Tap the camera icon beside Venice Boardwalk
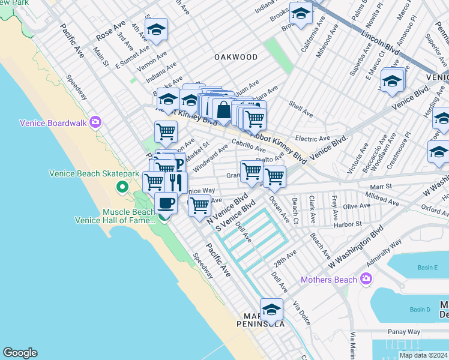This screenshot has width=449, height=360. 95,122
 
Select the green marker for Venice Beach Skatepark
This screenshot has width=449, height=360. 122,187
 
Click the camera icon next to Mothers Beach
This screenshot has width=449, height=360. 366,279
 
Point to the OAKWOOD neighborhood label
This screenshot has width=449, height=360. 236,57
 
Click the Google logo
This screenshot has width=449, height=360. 20,353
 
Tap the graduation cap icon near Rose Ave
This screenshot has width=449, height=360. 156,29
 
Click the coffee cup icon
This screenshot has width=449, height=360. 166,203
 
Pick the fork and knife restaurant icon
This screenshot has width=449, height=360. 176,181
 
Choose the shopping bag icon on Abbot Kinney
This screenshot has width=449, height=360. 223,110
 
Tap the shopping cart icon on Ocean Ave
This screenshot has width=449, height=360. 274,176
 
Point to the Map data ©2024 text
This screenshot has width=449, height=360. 423,355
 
